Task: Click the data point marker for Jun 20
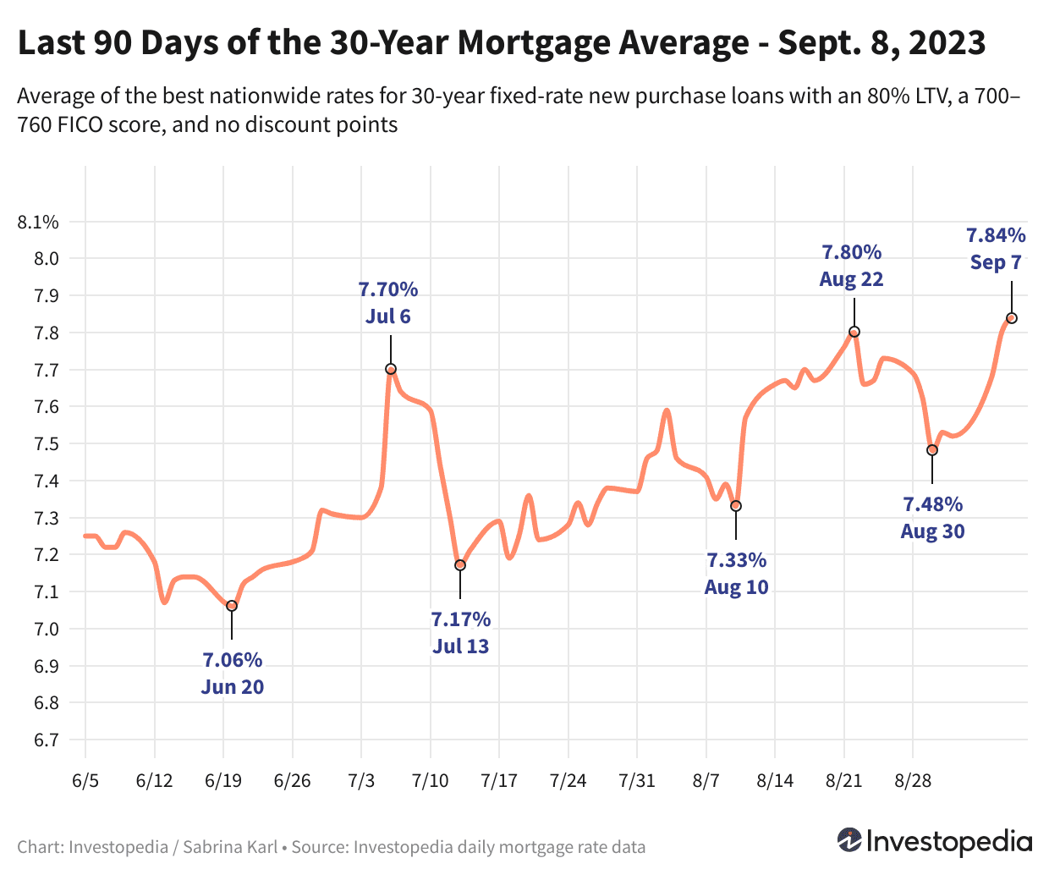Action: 232,606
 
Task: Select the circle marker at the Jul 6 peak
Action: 391,369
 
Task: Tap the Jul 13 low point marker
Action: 460,565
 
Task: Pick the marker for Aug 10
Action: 736,506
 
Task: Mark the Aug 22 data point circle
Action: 854,332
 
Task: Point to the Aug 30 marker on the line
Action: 932,450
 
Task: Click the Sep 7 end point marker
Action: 1011,318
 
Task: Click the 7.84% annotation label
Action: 996,235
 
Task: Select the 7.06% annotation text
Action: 232,660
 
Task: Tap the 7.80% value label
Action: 851,252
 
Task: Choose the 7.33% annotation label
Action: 736,560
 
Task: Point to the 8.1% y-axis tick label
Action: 38,223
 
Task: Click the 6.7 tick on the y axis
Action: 46,740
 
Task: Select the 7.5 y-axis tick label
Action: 46,444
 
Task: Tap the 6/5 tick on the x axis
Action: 85,780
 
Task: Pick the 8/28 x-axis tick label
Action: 913,780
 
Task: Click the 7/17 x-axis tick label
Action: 499,780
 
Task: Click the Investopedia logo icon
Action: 849,840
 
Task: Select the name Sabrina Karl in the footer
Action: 230,847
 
